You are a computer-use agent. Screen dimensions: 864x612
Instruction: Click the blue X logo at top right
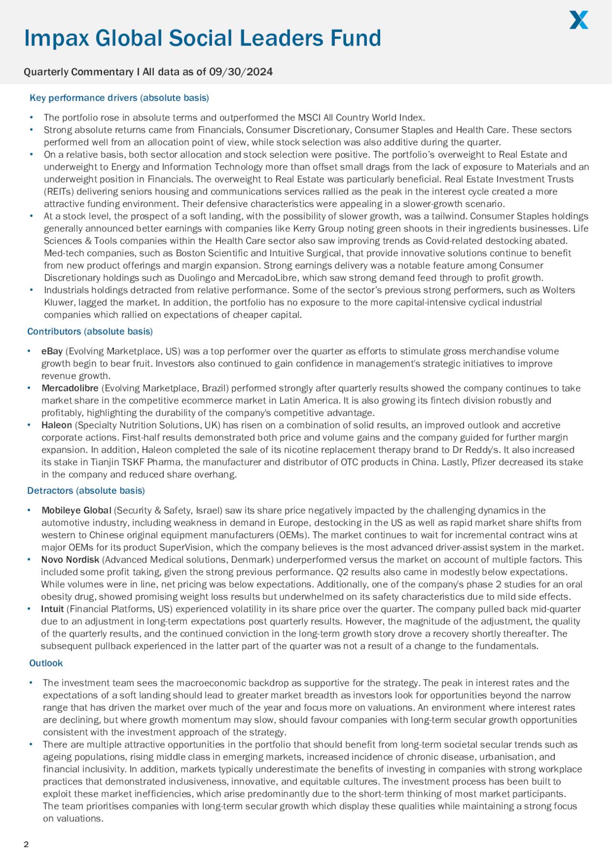coord(579,20)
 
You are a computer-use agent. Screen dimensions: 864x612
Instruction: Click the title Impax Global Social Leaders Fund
coord(202,38)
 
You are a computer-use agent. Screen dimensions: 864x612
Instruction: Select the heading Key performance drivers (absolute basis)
coord(119,98)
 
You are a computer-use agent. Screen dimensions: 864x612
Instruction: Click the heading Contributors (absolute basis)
coord(90,332)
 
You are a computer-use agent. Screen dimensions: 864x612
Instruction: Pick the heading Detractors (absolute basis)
coord(86,491)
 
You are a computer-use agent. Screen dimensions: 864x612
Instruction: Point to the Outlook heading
coord(46,663)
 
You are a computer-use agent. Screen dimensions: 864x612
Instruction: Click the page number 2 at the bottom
coord(26,844)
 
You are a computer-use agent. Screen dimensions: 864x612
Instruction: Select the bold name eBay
coord(52,352)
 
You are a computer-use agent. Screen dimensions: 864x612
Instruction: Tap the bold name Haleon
coord(56,425)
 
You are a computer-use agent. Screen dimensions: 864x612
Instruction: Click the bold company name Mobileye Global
coord(76,511)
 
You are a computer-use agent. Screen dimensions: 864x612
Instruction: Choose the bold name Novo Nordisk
coord(70,560)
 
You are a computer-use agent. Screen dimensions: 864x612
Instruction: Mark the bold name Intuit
coord(52,609)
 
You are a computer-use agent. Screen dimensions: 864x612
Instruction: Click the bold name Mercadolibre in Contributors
coord(70,389)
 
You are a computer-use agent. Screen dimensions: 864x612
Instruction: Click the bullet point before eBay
coord(30,352)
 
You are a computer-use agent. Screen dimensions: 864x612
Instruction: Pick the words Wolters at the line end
coord(558,291)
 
